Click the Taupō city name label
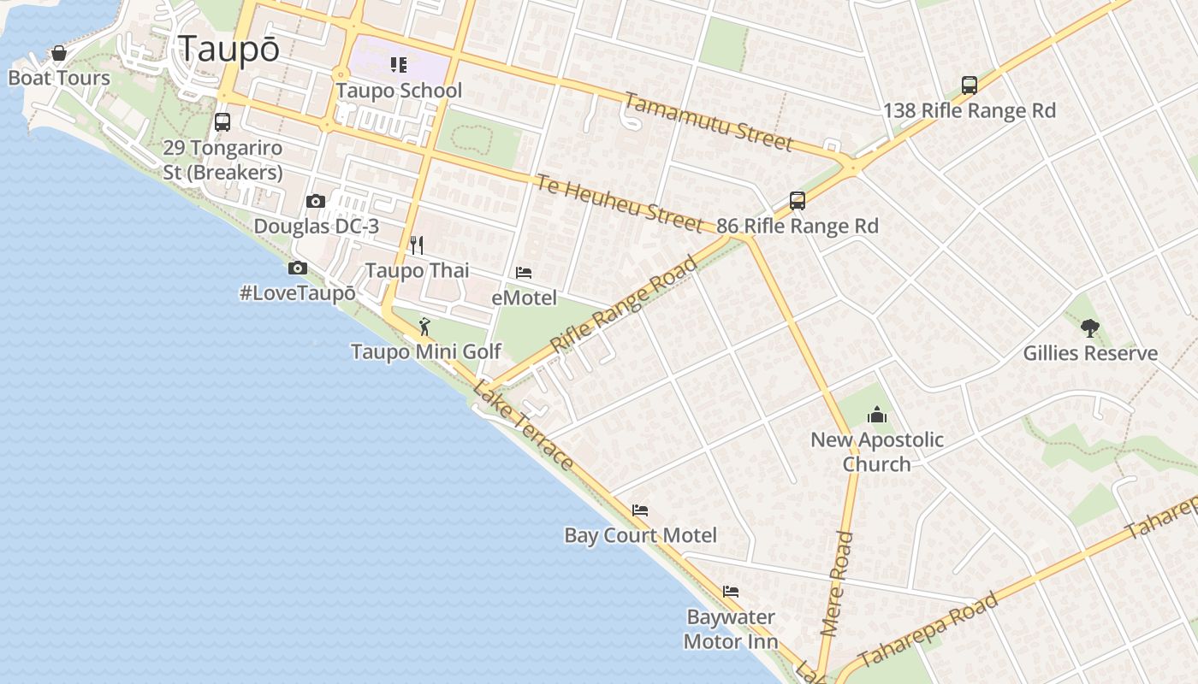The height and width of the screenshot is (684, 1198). point(228,49)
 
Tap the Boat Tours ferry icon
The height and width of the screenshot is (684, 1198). point(59,54)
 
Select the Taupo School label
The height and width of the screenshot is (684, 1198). point(399,91)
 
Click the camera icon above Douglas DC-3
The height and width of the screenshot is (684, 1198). point(316,202)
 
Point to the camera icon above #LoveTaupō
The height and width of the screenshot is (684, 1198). point(298,268)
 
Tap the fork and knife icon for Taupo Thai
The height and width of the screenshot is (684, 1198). point(417,245)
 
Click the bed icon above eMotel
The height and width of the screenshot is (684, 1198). point(524,273)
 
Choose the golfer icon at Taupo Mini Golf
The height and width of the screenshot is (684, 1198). point(424,327)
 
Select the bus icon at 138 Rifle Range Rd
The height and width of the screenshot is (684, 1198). point(969,85)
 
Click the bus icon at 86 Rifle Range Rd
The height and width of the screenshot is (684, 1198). point(798,201)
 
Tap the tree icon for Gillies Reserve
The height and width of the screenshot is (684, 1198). point(1089,327)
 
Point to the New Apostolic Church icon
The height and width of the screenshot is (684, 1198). point(877,416)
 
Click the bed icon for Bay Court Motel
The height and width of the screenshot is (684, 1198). point(640,510)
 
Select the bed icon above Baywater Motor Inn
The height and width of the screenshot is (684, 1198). point(730,592)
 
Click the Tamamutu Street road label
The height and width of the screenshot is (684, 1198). point(708,121)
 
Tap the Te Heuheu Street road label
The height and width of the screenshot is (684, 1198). point(619,203)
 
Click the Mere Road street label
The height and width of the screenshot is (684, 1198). point(837,583)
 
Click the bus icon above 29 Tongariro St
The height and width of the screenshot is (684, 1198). point(222,122)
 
